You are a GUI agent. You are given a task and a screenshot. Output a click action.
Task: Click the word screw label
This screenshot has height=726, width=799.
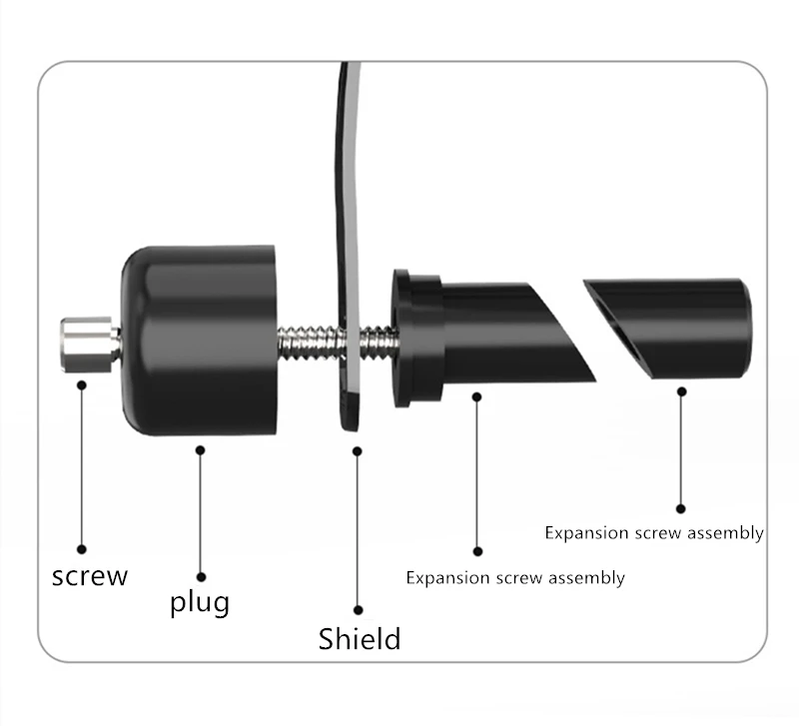point(90,576)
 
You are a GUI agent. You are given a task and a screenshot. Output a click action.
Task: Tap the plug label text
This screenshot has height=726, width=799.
point(199,602)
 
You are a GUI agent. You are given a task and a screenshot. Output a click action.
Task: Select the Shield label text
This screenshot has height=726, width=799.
point(360,638)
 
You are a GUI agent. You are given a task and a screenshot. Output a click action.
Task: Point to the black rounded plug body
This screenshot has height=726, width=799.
point(200,340)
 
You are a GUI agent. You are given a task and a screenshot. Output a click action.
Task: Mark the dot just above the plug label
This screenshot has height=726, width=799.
point(201,576)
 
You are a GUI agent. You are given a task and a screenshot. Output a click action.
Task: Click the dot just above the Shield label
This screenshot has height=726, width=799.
point(359,609)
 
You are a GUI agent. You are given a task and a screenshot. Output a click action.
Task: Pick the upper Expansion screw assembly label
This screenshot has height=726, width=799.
point(654,532)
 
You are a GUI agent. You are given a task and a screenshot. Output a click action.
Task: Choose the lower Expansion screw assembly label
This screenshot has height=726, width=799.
point(515,577)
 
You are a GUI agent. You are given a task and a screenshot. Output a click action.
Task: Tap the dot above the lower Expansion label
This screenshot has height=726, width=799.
point(477,550)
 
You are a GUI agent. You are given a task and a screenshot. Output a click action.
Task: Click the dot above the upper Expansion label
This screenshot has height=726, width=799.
point(681,508)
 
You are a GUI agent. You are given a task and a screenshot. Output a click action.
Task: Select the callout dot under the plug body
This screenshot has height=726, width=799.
point(201,450)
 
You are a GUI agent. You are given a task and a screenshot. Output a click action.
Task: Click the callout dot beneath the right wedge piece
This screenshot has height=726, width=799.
point(681,392)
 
